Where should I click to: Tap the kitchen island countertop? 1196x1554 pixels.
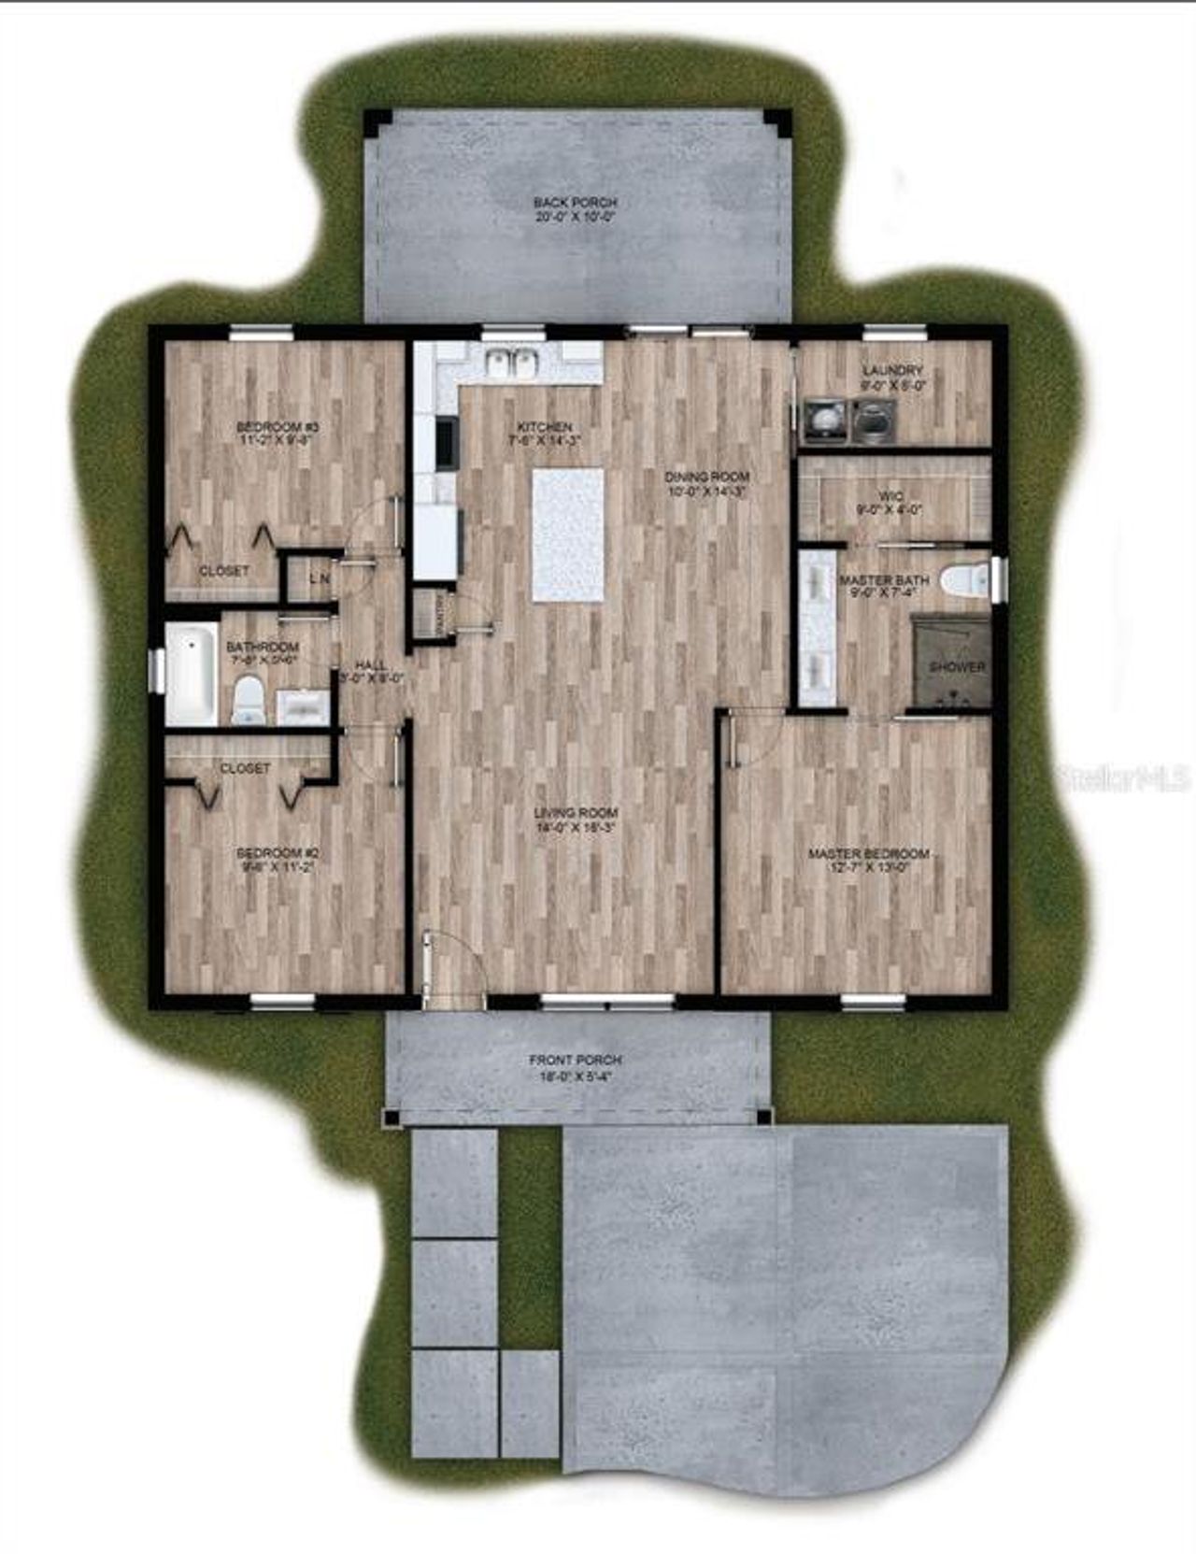(568, 535)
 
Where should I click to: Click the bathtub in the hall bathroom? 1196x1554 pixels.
(192, 674)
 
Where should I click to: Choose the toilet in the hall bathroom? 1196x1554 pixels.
(249, 702)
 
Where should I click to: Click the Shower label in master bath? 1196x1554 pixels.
(956, 667)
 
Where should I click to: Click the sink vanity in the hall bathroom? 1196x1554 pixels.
(302, 707)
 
